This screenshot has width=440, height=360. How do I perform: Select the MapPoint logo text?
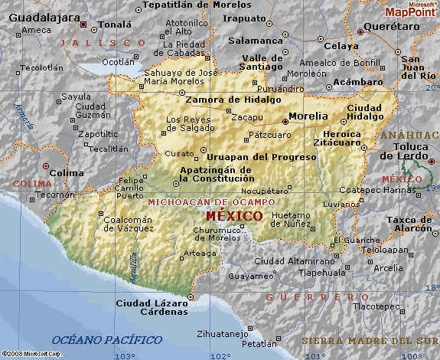tap(411, 12)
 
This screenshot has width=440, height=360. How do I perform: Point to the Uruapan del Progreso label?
tap(262, 157)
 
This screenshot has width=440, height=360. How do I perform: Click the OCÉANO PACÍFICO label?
tap(107, 339)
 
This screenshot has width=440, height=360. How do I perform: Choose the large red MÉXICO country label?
tap(235, 216)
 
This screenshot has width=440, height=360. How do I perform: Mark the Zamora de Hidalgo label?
tap(222, 99)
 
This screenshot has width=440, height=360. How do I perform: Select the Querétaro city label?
tap(393, 26)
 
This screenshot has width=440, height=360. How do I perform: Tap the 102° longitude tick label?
tap(220, 355)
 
